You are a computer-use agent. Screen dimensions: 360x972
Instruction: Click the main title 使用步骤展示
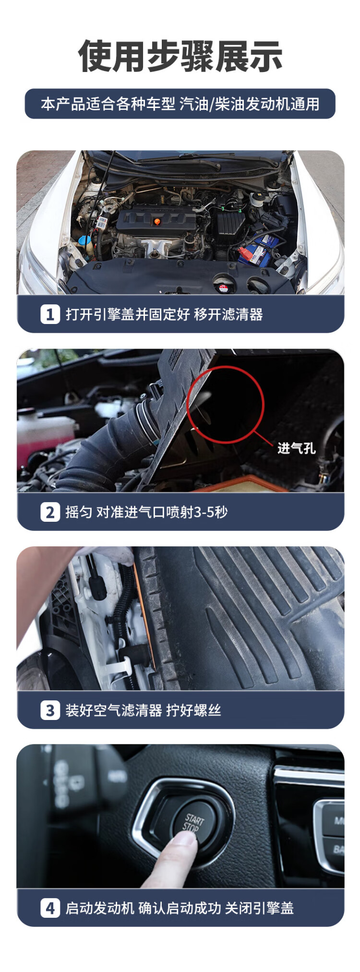180,56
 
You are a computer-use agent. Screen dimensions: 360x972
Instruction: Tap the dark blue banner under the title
180,104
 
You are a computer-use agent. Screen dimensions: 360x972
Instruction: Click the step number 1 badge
50,314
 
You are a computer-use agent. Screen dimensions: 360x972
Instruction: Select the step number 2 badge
50,512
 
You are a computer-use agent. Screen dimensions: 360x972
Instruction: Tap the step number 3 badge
50,710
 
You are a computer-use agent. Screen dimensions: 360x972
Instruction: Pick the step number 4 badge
50,908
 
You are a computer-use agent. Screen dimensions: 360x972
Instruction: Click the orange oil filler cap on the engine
156,222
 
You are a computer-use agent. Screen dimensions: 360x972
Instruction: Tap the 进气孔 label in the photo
296,448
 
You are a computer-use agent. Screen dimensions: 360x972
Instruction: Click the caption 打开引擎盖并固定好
128,314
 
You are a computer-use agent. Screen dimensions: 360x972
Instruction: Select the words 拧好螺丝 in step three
193,710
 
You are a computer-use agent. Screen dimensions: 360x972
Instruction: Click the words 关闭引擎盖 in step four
259,908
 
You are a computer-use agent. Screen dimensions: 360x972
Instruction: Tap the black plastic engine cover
156,221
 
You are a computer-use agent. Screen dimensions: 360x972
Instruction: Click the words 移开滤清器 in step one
228,314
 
